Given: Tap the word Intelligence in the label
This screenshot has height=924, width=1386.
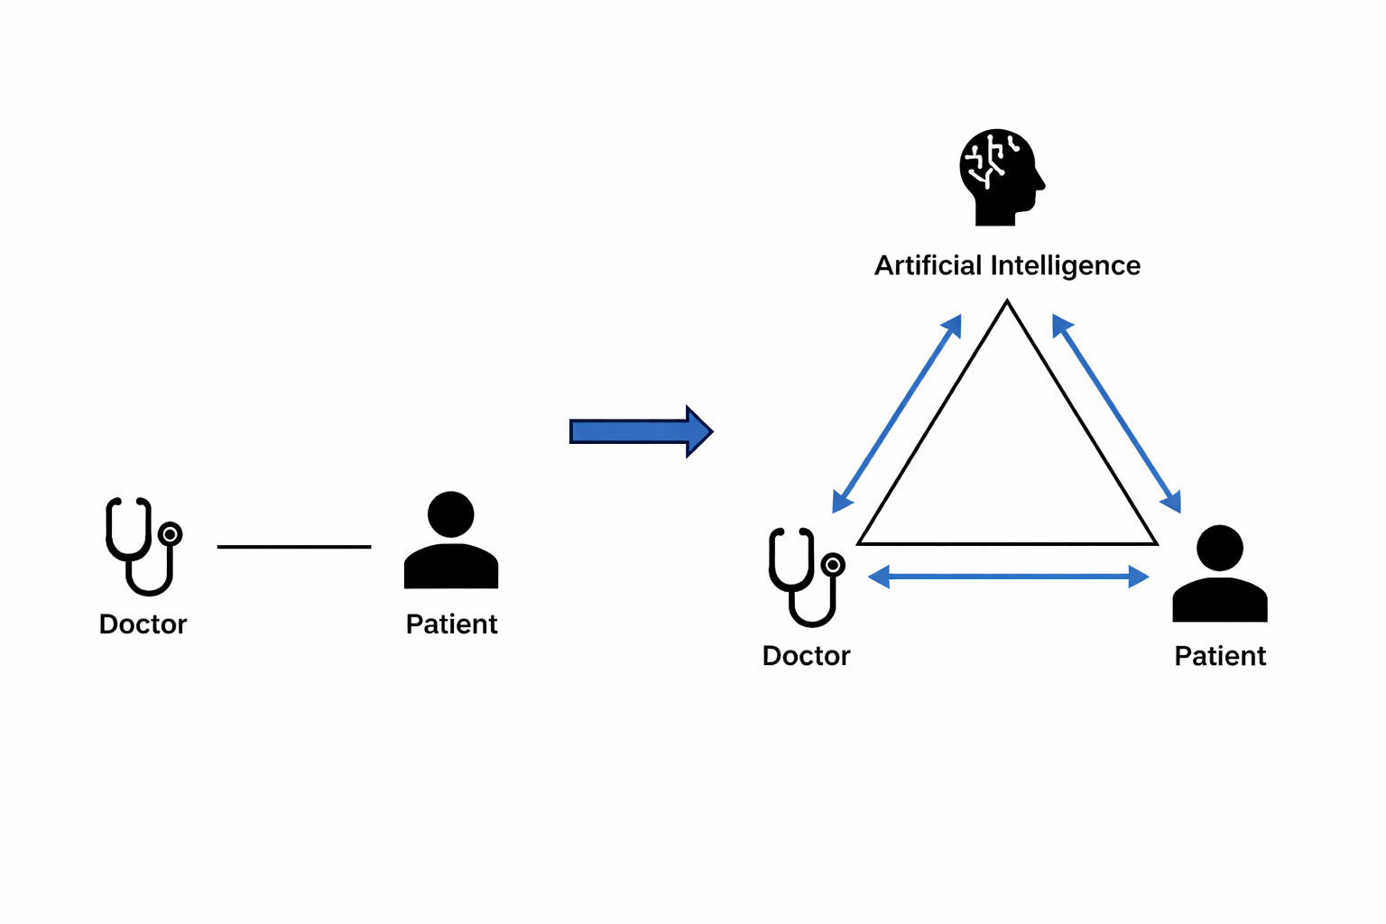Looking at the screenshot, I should pos(1066,265).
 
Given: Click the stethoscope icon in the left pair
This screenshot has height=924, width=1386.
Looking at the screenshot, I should pos(143,545).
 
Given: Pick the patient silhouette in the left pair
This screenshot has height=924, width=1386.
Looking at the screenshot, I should pos(451,541).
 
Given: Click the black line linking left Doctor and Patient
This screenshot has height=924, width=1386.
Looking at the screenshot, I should pos(294,546).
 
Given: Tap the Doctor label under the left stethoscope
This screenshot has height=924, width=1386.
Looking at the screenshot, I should pos(143,624).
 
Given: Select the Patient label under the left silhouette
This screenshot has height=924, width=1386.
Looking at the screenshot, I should pos(451,624).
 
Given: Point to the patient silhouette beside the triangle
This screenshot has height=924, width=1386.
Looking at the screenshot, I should pos(1220,575).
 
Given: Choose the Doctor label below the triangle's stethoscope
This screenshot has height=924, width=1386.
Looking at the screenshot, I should pos(806,655).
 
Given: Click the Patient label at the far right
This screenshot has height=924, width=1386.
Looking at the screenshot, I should pos(1220,655).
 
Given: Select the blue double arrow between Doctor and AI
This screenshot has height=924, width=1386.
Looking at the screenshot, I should pos(897,413).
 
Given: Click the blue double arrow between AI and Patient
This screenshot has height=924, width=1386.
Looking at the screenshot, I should pos(1117,413).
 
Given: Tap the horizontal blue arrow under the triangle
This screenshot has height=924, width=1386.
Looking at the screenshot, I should pos(1008,576).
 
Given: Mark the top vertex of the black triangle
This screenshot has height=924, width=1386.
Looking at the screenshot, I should pos(1007,304).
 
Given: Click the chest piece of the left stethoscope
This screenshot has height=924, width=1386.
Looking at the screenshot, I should pos(170,534).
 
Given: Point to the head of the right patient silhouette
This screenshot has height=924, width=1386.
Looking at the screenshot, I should pos(1220,548).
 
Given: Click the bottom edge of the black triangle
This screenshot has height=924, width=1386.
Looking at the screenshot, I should pos(1007,543).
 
